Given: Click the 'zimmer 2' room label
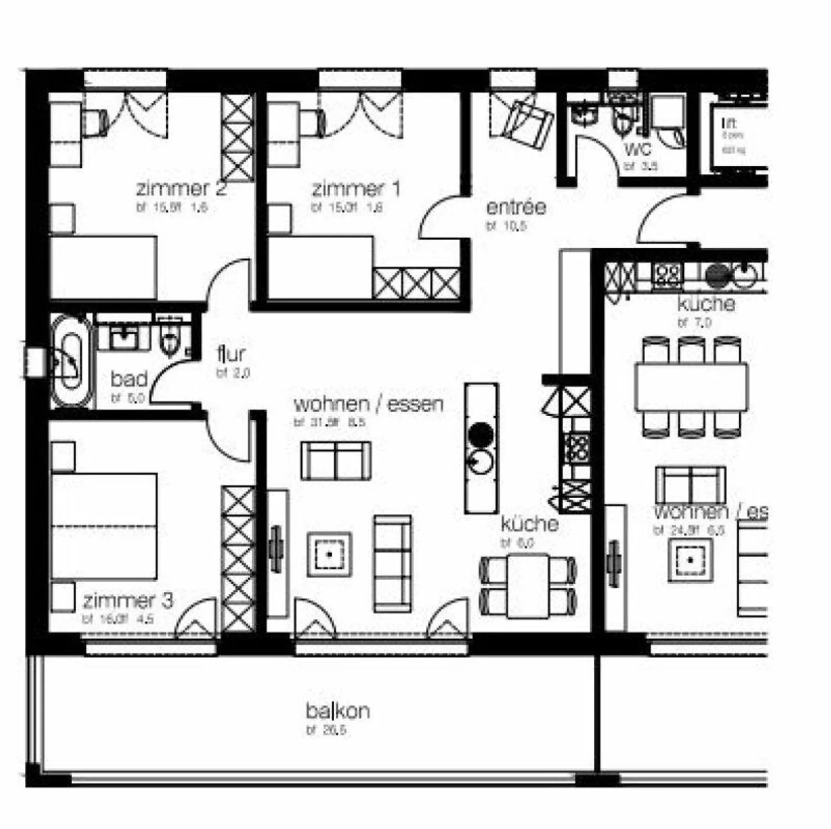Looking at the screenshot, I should click(181, 189).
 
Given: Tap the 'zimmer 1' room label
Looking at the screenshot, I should click(355, 189).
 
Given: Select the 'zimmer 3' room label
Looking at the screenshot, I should click(128, 601).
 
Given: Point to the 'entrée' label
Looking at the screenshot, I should click(516, 207).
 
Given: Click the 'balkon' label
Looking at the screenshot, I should click(338, 711).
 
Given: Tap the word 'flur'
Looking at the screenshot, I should click(231, 354).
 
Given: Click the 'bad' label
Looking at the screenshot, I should click(129, 379).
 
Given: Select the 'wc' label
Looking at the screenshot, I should click(637, 150).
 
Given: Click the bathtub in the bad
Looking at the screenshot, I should click(72, 361).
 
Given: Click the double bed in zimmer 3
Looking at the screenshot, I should click(104, 525).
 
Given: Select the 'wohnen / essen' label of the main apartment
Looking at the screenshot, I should click(368, 404).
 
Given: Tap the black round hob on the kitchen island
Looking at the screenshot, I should click(481, 432).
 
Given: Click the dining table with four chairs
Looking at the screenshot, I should click(527, 585).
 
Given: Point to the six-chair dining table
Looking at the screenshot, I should click(691, 386).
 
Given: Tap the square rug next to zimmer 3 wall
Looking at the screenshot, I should click(329, 554).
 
